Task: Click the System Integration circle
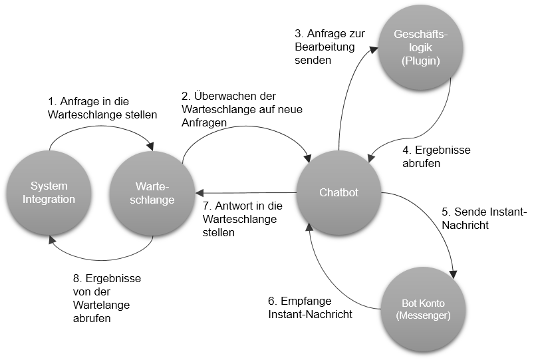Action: coord(49,192)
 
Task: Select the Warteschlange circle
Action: coord(151,192)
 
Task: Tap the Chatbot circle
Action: coord(338,192)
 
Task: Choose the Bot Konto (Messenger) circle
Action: coord(424,309)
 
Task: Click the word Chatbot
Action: coord(338,192)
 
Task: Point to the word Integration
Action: coord(49,199)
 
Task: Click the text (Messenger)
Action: coord(423,315)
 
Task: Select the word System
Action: coord(49,186)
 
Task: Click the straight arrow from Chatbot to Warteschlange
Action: coord(246,193)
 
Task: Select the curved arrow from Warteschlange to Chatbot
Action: coord(246,126)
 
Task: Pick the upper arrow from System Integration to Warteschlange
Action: coord(100,128)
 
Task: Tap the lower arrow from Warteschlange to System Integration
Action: coord(100,260)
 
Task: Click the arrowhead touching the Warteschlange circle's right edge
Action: coord(200,193)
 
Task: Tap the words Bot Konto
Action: coord(423,303)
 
